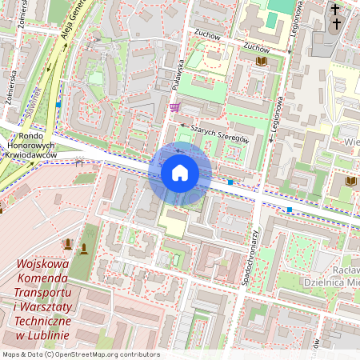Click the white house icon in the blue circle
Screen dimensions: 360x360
pyautogui.click(x=180, y=173)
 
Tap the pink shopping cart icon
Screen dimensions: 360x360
pyautogui.click(x=174, y=107)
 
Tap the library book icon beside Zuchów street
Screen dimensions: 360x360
pyautogui.click(x=261, y=61)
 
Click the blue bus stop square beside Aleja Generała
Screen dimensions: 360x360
pyautogui.click(x=58, y=104)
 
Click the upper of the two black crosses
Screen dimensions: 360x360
pyautogui.click(x=335, y=10)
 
